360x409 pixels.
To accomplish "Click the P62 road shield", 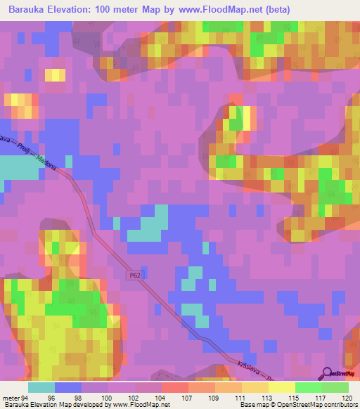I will pos(134,276).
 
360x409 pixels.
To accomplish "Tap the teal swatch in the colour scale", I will pos(41,387).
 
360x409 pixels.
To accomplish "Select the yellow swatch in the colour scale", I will pos(281,387).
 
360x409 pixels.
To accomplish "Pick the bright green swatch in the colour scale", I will pos(307,387).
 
